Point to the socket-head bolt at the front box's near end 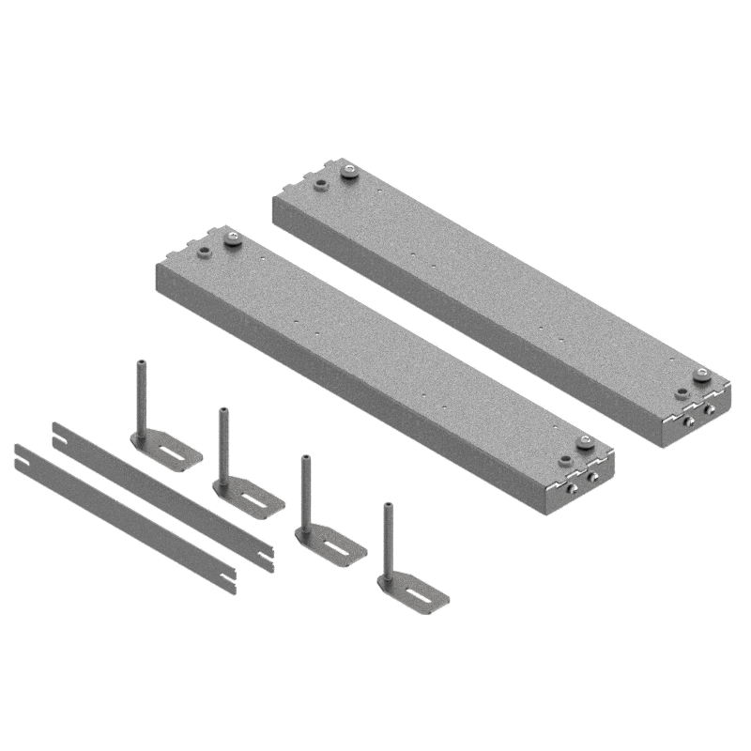587,445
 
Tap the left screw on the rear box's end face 690,422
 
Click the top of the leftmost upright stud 142,360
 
